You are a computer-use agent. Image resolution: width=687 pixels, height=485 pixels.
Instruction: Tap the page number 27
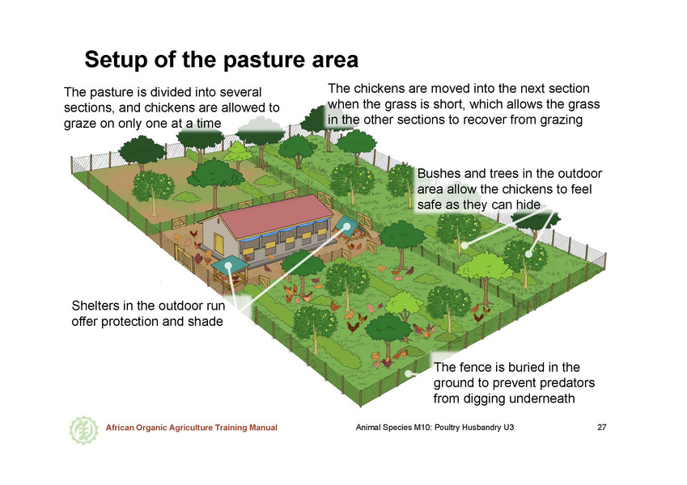click(602, 428)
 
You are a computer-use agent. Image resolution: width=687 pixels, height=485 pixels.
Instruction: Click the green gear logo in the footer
click(83, 430)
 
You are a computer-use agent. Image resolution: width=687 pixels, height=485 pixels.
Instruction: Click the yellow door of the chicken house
click(218, 244)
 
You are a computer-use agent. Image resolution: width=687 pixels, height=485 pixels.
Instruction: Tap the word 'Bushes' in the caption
click(439, 174)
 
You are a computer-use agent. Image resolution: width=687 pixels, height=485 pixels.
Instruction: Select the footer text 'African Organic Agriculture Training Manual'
click(192, 428)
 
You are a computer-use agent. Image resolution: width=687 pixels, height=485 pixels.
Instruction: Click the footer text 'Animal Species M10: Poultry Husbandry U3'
click(435, 428)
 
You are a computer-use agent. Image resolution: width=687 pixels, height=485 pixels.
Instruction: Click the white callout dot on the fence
click(408, 373)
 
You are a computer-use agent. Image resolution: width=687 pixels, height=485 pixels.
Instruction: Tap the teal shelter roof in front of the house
click(230, 265)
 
